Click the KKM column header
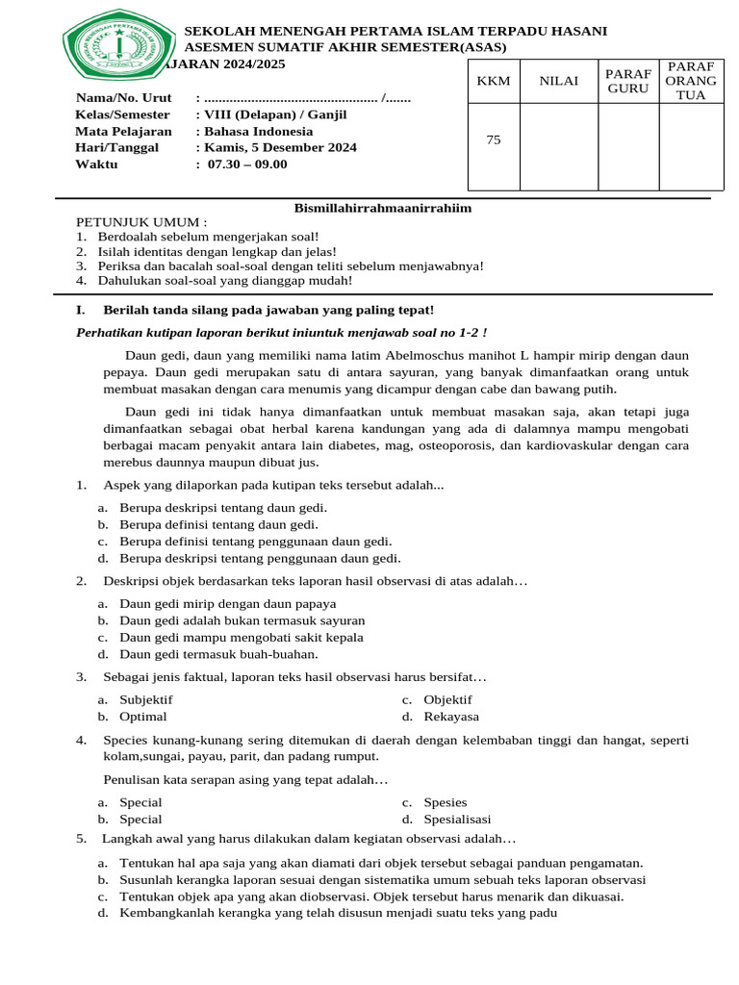[x=493, y=81]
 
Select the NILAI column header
[x=558, y=81]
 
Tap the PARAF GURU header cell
[x=628, y=81]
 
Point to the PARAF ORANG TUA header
[x=691, y=81]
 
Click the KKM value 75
[x=493, y=139]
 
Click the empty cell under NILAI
[x=558, y=146]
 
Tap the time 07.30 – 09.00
[x=247, y=164]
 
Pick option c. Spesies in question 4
[x=445, y=802]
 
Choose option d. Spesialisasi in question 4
[x=457, y=820]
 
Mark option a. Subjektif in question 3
[x=145, y=699]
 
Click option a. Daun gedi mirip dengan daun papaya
[x=227, y=603]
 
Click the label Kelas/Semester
[x=122, y=114]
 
